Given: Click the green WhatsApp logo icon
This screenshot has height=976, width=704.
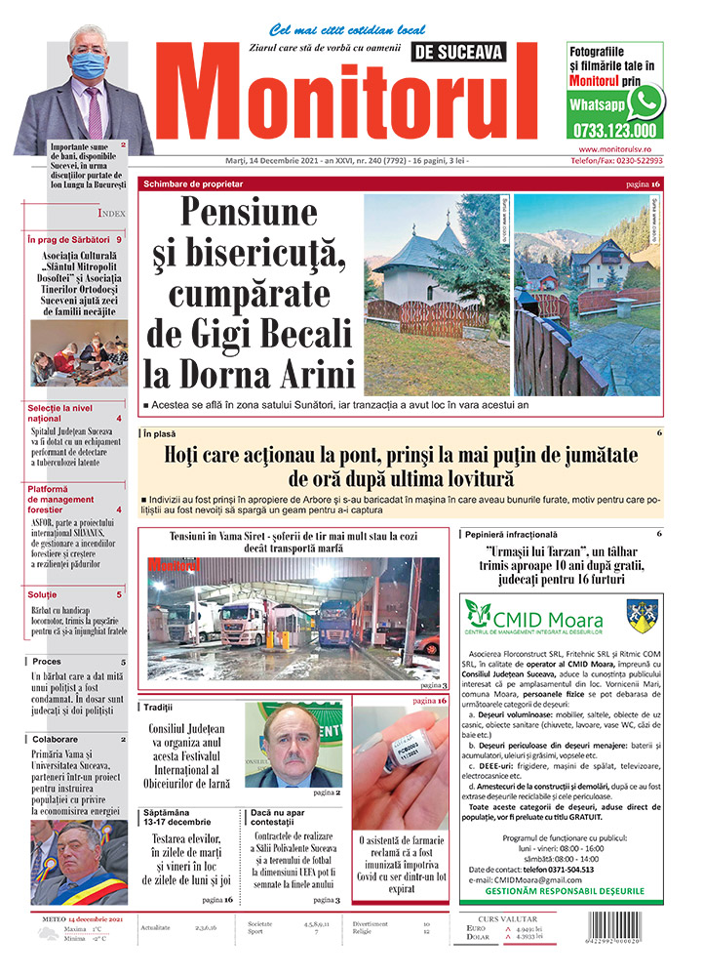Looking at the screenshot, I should (x=645, y=101).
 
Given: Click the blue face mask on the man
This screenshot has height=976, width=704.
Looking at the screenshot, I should (x=88, y=66).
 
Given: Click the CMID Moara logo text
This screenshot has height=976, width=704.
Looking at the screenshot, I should (x=560, y=618).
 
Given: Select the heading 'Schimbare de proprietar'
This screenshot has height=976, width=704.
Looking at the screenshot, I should (x=193, y=183).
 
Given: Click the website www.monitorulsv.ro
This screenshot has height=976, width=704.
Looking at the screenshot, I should (x=614, y=148).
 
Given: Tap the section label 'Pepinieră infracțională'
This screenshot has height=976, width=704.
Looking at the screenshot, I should (x=513, y=535).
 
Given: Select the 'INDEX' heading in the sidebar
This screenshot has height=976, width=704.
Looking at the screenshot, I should (x=111, y=213).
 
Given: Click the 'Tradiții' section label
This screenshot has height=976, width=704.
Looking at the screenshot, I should (x=158, y=706).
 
